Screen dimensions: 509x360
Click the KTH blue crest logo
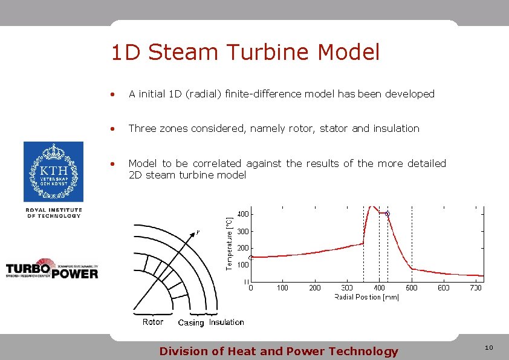tap(53, 171)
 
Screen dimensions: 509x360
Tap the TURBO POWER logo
tap(52, 270)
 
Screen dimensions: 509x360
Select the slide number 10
tap(488, 347)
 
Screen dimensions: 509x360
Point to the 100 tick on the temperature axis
tap(243, 265)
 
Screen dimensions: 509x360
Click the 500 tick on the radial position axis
tap(411, 288)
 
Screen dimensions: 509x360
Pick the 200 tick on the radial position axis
tap(315, 288)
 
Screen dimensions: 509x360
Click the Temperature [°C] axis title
tap(229, 244)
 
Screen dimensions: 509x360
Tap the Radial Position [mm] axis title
tap(366, 297)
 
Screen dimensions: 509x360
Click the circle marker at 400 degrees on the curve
tap(387, 214)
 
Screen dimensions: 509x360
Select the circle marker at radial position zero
tap(251, 257)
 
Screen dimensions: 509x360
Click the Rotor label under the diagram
tap(153, 322)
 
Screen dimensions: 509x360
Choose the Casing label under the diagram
tap(191, 323)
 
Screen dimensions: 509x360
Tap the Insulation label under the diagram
tap(227, 322)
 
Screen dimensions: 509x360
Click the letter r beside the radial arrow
tap(198, 232)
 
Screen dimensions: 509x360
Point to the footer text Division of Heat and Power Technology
tap(278, 351)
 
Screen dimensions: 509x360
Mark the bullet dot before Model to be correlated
tap(112, 163)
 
